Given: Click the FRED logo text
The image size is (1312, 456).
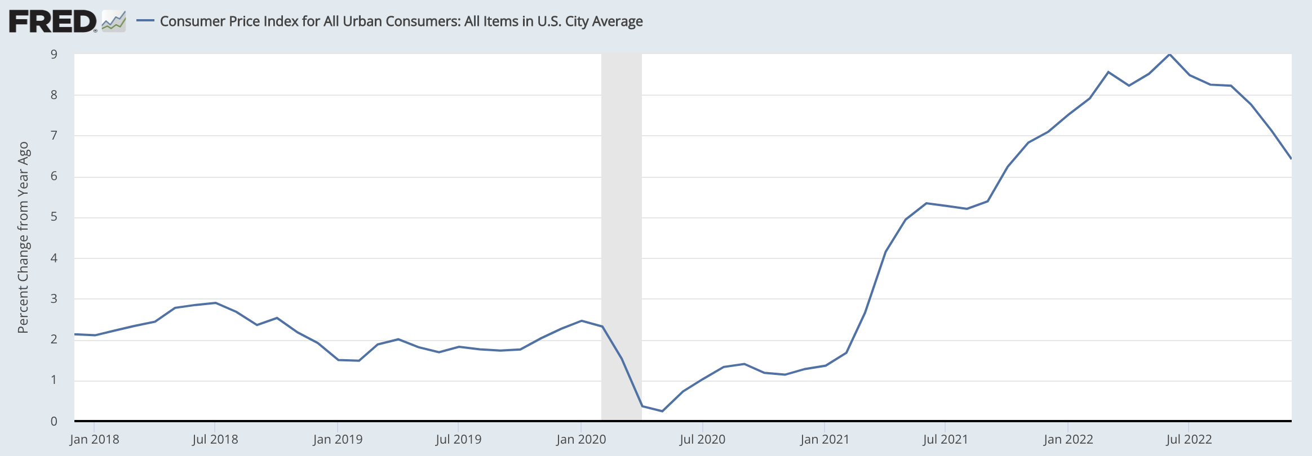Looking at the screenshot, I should point(52,21).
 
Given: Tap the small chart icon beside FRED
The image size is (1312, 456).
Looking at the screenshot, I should point(114,21).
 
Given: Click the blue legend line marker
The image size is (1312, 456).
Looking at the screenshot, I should point(145,21).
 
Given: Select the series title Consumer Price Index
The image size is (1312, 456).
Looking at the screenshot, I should point(401,21).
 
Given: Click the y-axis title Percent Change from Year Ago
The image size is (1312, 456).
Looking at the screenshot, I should point(23,237).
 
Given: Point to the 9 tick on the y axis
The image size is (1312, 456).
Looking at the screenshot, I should point(54,55).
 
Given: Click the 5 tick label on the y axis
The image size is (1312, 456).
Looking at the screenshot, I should point(54,217).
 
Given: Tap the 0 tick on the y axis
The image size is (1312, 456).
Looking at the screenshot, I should point(54,421).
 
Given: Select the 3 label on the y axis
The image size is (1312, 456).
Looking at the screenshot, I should point(54,298).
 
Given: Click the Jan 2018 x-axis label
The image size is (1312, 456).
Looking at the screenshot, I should point(94,439).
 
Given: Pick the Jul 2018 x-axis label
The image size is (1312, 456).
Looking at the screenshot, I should point(215,439).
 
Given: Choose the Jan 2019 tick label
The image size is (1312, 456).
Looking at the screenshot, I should point(337,439).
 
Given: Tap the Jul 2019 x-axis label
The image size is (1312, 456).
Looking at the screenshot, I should point(458,439).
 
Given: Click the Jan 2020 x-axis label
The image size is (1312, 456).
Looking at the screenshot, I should point(580,439).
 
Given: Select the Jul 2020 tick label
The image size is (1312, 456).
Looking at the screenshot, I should point(702,439).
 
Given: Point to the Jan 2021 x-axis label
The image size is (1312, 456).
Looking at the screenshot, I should point(824,439).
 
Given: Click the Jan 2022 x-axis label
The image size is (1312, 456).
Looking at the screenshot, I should point(1068,439).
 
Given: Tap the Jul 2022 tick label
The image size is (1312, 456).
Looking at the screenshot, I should point(1189,439).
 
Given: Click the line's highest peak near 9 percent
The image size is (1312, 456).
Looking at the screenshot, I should point(1169,54).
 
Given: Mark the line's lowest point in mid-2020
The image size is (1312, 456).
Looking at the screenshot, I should point(662,411).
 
